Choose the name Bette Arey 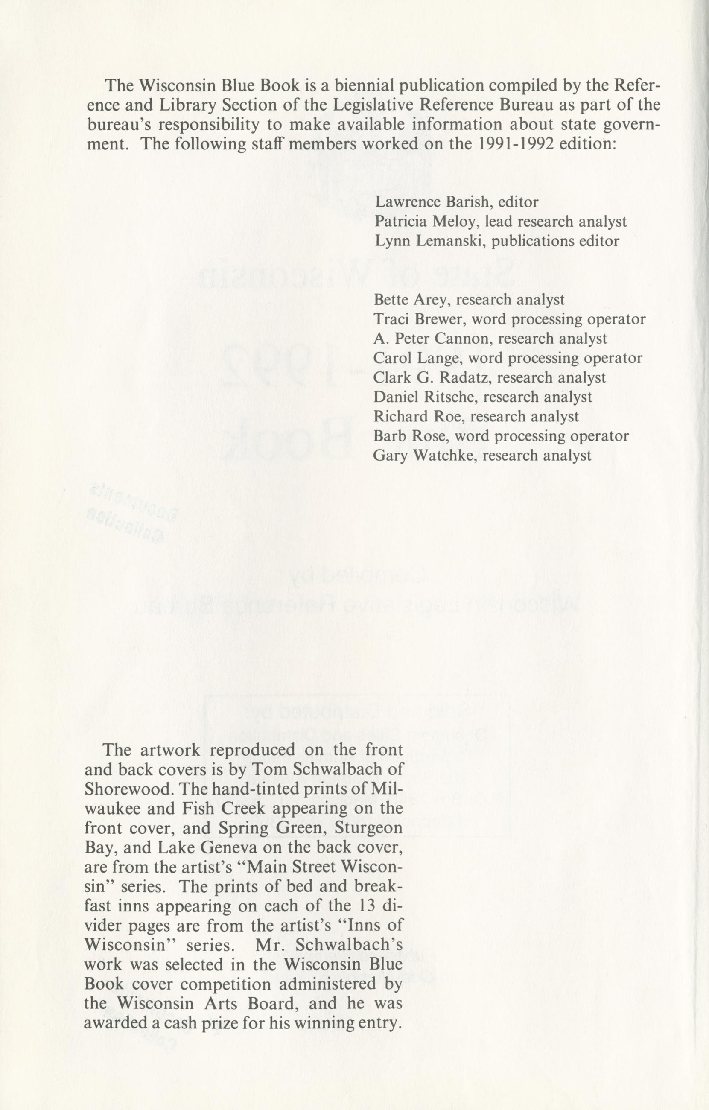405,300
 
